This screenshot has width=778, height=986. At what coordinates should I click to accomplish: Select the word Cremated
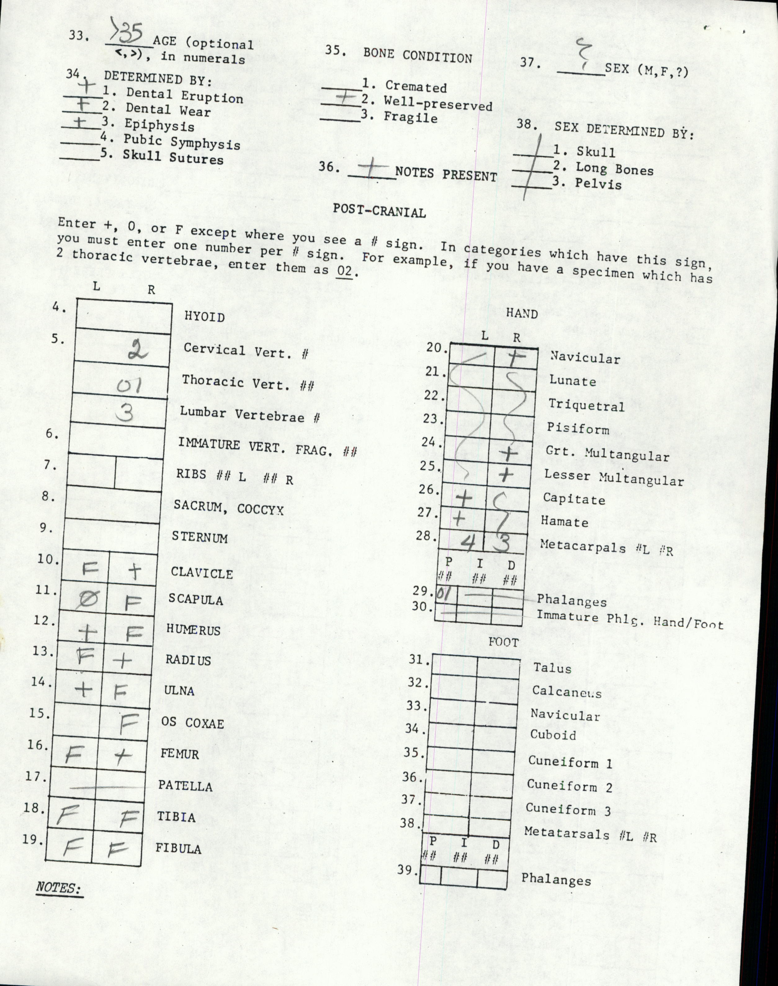416,87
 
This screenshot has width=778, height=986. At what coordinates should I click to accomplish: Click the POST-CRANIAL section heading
379,211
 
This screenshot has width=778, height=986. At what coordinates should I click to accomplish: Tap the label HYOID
204,317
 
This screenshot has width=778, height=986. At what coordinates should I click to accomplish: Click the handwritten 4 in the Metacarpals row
467,541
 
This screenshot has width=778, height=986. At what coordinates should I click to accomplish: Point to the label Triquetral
586,405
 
